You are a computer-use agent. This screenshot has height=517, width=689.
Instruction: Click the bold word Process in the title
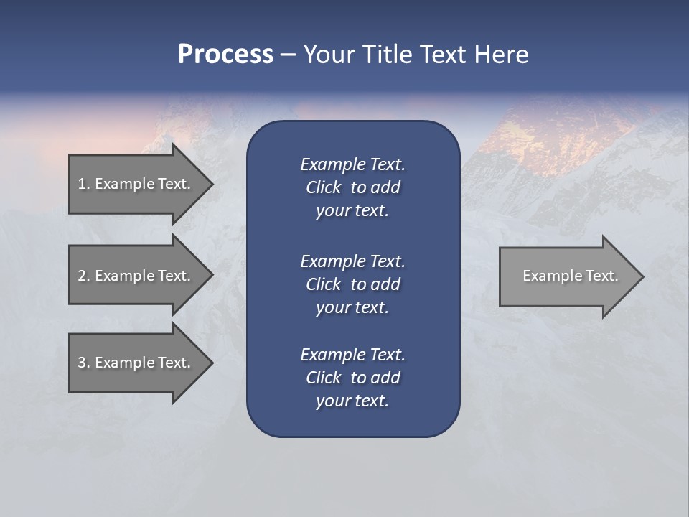[x=225, y=55]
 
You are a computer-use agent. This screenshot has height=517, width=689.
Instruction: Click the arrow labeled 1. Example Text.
[x=135, y=184]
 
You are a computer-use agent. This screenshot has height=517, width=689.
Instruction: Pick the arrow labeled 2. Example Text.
[x=135, y=276]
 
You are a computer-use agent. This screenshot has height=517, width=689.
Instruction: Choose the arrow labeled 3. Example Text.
[x=135, y=363]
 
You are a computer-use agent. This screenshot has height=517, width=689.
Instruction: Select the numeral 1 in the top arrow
[x=82, y=184]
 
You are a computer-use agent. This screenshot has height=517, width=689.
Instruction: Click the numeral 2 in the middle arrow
[x=82, y=276]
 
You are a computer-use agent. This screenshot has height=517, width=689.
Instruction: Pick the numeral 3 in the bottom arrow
[x=82, y=363]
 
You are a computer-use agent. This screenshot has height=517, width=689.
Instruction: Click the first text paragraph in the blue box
[x=352, y=187]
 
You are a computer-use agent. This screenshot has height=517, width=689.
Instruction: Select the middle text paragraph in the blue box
[x=352, y=284]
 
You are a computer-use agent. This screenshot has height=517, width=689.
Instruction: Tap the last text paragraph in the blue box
[x=352, y=378]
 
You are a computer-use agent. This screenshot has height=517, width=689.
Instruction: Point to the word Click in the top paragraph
[x=324, y=187]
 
